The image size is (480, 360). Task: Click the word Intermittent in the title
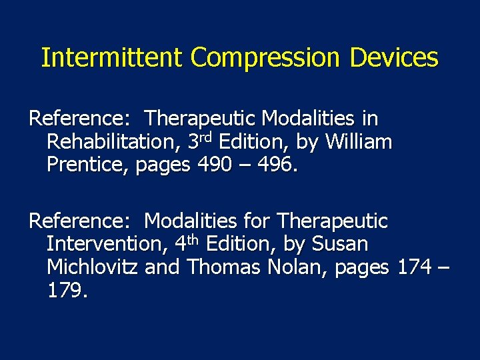click(x=113, y=58)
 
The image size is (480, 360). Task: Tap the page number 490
click(x=215, y=165)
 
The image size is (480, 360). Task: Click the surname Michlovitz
click(x=93, y=267)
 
